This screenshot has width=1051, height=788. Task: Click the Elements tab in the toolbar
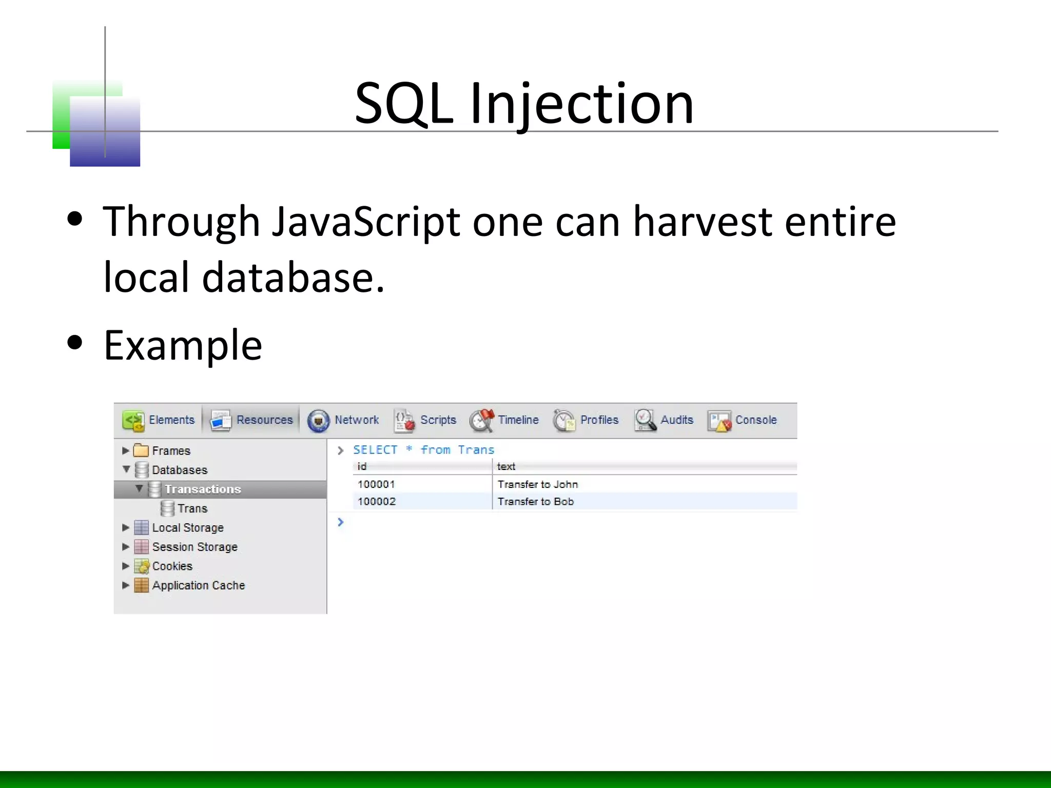(x=160, y=420)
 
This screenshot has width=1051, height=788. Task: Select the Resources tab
(x=252, y=420)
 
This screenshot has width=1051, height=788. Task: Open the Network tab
(x=343, y=420)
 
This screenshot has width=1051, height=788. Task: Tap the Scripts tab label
(x=425, y=420)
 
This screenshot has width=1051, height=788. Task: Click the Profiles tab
(x=586, y=420)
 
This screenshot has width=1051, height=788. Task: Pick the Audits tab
(x=664, y=420)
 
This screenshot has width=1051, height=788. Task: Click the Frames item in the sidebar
(x=171, y=451)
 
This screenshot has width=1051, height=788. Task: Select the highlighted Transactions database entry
(x=203, y=489)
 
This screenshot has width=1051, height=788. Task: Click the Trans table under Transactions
(x=192, y=509)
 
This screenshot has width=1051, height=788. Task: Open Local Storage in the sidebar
(x=187, y=528)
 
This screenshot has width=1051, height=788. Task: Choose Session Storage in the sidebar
(x=194, y=547)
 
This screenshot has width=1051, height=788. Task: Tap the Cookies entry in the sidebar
(x=172, y=566)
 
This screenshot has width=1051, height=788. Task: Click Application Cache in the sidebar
(x=198, y=585)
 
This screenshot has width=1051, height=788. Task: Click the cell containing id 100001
(x=376, y=484)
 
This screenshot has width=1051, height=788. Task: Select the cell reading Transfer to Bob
(x=535, y=502)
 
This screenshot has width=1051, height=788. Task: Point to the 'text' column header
(x=506, y=466)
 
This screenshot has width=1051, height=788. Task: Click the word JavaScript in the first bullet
(x=365, y=222)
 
